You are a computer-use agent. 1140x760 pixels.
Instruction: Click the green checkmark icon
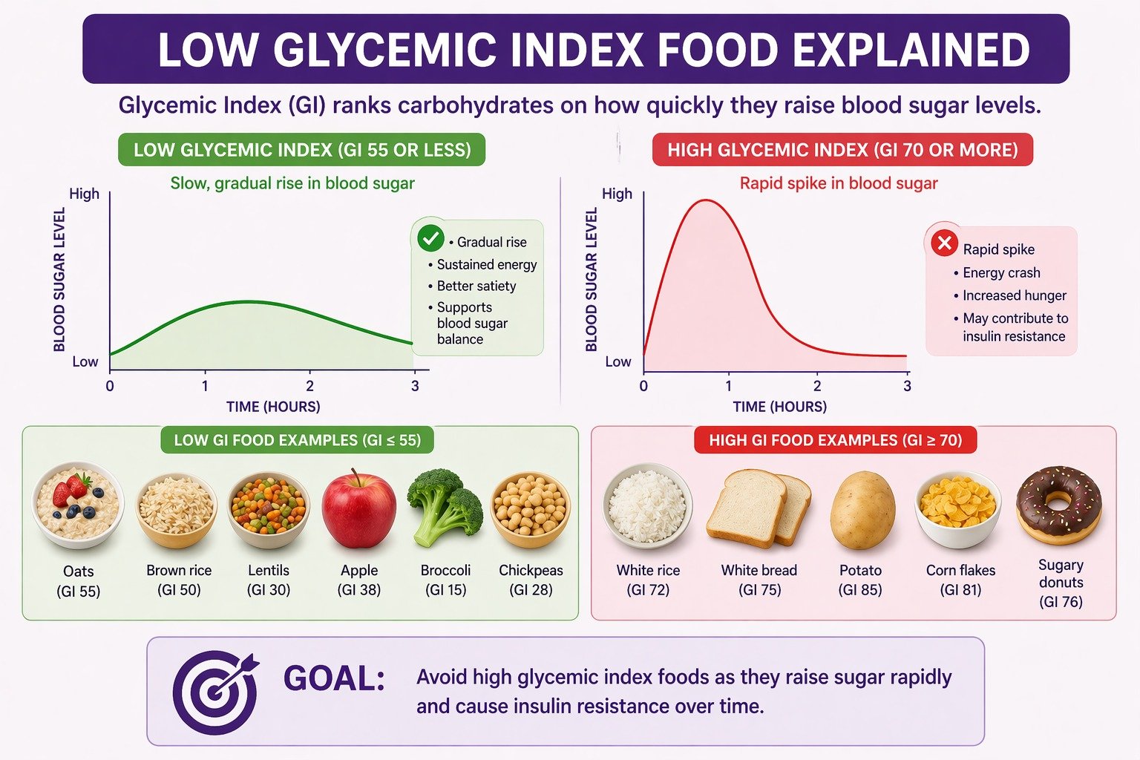pos(430,238)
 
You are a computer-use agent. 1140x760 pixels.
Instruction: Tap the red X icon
pos(945,243)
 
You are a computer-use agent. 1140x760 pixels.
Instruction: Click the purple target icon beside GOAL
pos(215,691)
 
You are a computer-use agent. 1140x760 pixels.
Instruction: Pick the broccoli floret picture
pos(445,507)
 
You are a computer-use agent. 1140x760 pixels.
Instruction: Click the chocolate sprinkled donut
pos(1058,505)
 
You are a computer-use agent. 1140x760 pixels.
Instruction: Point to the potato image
pos(862,510)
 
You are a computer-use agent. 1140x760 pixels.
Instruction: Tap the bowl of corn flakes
pos(958,510)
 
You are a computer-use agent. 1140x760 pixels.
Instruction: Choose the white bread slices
pos(759,508)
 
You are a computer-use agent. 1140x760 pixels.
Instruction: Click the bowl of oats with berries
pos(78,505)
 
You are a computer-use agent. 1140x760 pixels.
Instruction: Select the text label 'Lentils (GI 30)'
pos(269,580)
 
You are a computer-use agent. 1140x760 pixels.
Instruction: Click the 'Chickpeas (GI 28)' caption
pos(531,580)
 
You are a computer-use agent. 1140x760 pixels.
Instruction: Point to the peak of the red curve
pos(707,200)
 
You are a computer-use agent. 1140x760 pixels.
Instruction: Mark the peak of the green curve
pos(249,302)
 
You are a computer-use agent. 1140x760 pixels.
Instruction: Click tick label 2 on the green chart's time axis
pos(310,387)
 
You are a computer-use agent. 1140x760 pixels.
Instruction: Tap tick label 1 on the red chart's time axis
pos(729,387)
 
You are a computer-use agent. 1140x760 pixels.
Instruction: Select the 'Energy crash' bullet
pos(997,273)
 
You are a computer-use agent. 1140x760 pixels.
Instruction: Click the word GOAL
pos(334,678)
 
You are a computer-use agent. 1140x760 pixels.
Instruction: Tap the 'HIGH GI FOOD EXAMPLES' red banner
pos(835,440)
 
